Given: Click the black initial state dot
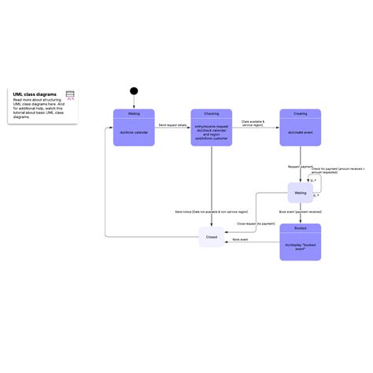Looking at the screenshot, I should click(x=134, y=90).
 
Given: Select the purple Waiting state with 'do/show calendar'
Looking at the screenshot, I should click(x=135, y=127).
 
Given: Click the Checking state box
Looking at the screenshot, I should click(x=211, y=127).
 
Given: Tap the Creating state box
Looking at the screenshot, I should click(x=300, y=127).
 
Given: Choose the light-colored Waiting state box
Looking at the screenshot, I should click(x=300, y=193).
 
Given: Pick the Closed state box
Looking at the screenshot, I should click(x=212, y=236).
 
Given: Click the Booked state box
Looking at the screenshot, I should click(x=300, y=241).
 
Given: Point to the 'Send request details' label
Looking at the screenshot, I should click(x=172, y=125).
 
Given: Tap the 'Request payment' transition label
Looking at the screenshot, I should click(x=300, y=167).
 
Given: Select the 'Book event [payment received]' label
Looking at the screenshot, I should click(x=301, y=212).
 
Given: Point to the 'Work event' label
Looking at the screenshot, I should click(x=240, y=239).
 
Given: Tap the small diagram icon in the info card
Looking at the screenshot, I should click(x=70, y=96).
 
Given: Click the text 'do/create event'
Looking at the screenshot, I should click(x=300, y=132).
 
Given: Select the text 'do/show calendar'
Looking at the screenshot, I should click(x=135, y=132).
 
